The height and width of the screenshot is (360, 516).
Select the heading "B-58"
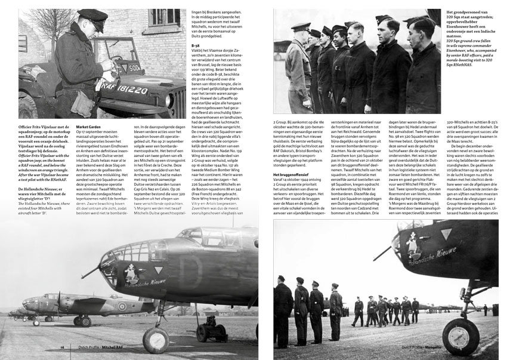point(195,45)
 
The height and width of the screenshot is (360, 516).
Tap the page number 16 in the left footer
point(61,346)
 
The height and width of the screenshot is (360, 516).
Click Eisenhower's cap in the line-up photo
point(301,26)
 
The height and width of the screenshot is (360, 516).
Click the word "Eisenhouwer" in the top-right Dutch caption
point(463,27)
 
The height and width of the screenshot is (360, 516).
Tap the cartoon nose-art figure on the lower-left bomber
point(131,275)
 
